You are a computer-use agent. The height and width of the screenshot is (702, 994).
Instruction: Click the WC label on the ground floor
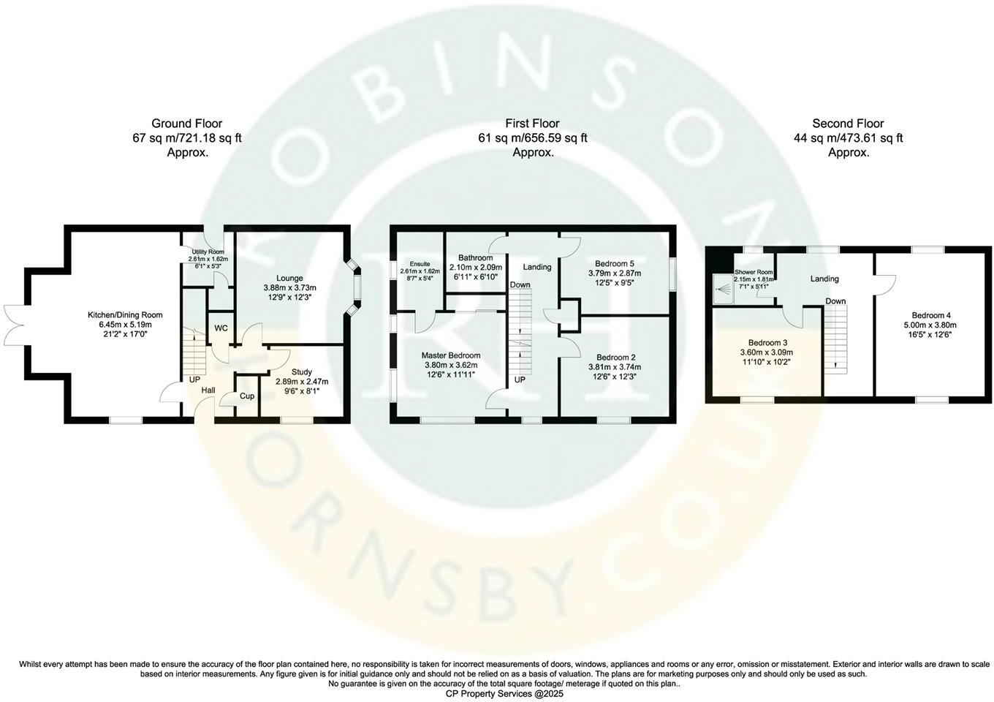(221, 328)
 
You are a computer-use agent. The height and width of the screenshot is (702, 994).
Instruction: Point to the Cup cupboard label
(247, 396)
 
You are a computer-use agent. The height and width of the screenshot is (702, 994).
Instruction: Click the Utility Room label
(208, 252)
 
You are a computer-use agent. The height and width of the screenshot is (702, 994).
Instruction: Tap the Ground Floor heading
(187, 124)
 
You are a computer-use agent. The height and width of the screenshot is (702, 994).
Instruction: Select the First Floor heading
(532, 124)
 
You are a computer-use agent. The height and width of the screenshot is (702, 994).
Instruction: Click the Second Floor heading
(848, 124)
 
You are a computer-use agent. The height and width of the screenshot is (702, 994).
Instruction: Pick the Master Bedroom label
(451, 355)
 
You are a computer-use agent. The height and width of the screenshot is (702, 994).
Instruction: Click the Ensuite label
(420, 264)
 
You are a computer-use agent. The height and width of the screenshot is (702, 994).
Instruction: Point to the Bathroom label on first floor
(475, 258)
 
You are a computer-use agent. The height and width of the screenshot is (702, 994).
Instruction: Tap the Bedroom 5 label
(615, 263)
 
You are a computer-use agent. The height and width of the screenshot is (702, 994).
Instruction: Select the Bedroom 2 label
(614, 358)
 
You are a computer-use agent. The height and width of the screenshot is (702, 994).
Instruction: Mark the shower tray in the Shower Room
(724, 290)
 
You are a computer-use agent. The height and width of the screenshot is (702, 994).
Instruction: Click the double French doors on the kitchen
(15, 324)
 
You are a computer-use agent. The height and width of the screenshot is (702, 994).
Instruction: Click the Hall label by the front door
(208, 391)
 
